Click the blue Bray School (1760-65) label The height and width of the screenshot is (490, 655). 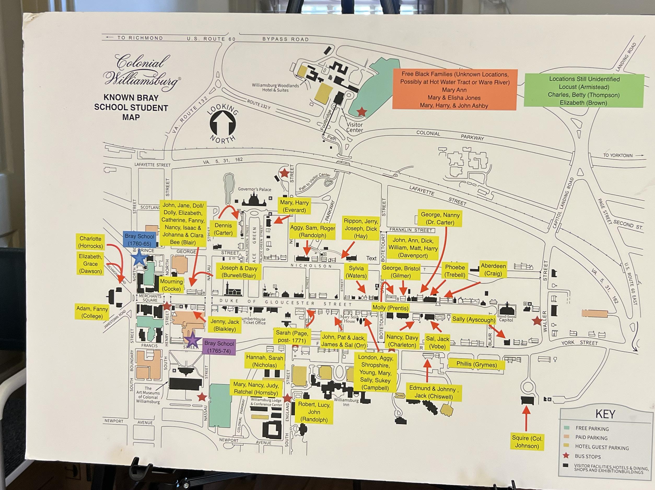pyautogui.click(x=139, y=240)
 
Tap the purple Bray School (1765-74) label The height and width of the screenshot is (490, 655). pyautogui.click(x=219, y=347)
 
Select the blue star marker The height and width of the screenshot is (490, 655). pyautogui.click(x=139, y=258)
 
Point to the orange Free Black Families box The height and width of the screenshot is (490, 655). pyautogui.click(x=454, y=90)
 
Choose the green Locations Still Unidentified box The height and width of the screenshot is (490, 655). pyautogui.click(x=584, y=91)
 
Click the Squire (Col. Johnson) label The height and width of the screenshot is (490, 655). pyautogui.click(x=527, y=442)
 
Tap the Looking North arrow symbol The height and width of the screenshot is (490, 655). pyautogui.click(x=223, y=124)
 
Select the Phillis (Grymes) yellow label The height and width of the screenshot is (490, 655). pyautogui.click(x=476, y=364)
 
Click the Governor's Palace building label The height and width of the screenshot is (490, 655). pyautogui.click(x=254, y=189)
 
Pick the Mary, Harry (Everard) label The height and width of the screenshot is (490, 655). pyautogui.click(x=294, y=206)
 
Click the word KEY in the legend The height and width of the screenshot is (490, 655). pyautogui.click(x=605, y=414)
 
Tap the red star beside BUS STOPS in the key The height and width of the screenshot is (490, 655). pyautogui.click(x=566, y=456)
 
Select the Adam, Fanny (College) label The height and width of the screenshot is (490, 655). pyautogui.click(x=92, y=312)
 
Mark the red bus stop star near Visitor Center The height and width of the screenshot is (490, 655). pyautogui.click(x=361, y=112)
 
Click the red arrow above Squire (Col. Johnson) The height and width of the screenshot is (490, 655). pyautogui.click(x=526, y=419)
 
